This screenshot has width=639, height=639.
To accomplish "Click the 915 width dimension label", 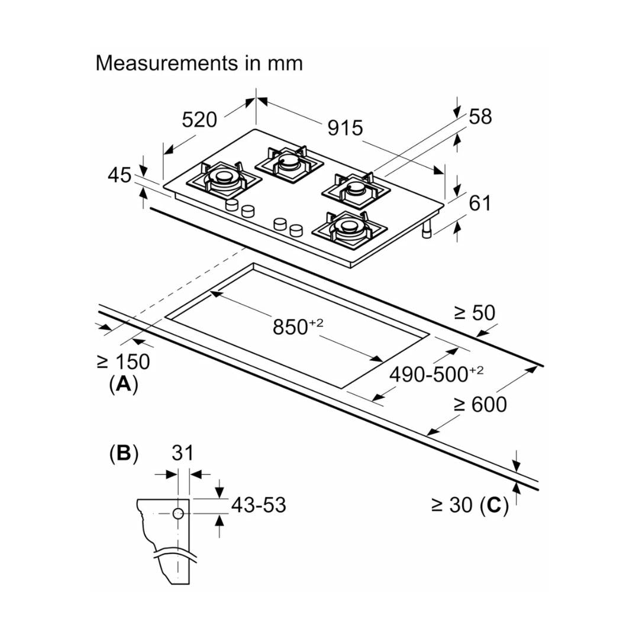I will pyautogui.click(x=345, y=127).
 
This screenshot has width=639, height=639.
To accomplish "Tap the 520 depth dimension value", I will pyautogui.click(x=199, y=120).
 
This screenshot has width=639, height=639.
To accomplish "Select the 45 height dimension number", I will pyautogui.click(x=120, y=175).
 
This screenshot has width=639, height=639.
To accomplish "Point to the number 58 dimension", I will pyautogui.click(x=480, y=117).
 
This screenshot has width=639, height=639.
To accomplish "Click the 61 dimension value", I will pyautogui.click(x=480, y=203).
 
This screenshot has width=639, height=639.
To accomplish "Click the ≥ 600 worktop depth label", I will pyautogui.click(x=480, y=405).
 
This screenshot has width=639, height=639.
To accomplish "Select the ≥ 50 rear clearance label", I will pyautogui.click(x=474, y=313).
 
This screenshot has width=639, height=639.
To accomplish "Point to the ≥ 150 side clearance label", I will pyautogui.click(x=123, y=362).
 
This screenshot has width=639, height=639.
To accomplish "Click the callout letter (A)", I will pyautogui.click(x=123, y=385).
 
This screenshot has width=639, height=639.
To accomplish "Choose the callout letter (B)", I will pyautogui.click(x=124, y=453).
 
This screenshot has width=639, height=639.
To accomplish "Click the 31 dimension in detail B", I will pyautogui.click(x=183, y=453).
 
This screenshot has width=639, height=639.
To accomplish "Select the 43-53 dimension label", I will pyautogui.click(x=258, y=505).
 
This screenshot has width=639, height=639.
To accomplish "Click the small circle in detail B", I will pyautogui.click(x=178, y=513).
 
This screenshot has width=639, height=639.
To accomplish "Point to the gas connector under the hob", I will pyautogui.click(x=426, y=231).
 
